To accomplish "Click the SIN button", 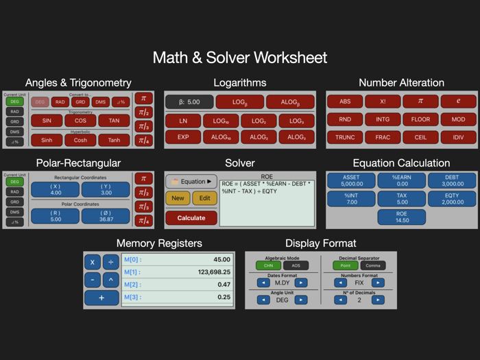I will point(47,121).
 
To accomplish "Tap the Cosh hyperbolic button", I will point(80,141).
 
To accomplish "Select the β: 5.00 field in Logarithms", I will point(189,102).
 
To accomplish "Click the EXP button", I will point(183,137).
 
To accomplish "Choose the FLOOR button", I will point(420,119).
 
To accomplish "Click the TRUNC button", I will point(345,137).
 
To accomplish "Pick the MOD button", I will point(457,119).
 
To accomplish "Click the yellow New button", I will point(178,198).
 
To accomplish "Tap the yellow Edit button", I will point(204,198).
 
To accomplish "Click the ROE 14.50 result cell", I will point(401,217).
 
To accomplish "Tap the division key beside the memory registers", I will point(110,262).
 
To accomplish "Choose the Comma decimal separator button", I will point(373,265).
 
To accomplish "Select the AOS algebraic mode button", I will point(296,265).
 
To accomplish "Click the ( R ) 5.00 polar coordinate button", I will point(56,216).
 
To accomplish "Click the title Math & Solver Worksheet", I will point(239,58).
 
